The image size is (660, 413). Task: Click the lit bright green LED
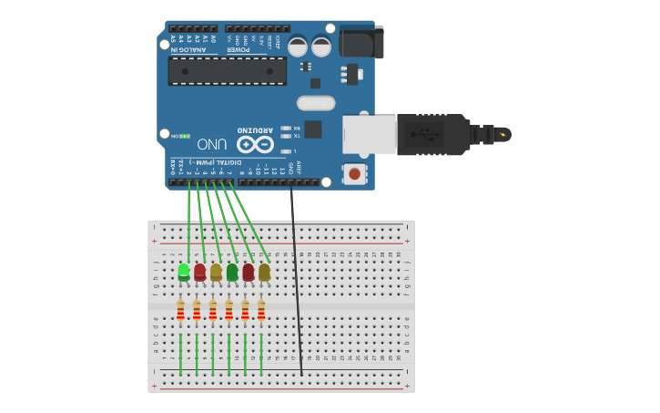[184, 271]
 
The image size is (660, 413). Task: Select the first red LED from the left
[199, 271]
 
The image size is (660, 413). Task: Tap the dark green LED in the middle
[232, 272]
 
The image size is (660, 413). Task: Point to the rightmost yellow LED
[264, 272]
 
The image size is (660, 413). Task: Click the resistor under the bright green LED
[180, 311]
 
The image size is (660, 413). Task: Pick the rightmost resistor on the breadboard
[261, 311]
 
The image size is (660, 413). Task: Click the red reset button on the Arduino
[353, 172]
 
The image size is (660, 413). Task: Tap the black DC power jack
[360, 42]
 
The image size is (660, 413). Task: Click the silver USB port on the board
[369, 134]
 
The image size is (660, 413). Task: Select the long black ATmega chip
[227, 70]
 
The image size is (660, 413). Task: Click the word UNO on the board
[212, 144]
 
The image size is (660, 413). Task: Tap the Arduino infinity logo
[255, 144]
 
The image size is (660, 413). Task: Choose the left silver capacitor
[298, 46]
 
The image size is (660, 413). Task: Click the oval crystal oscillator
[316, 103]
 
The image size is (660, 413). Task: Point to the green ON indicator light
[185, 136]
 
